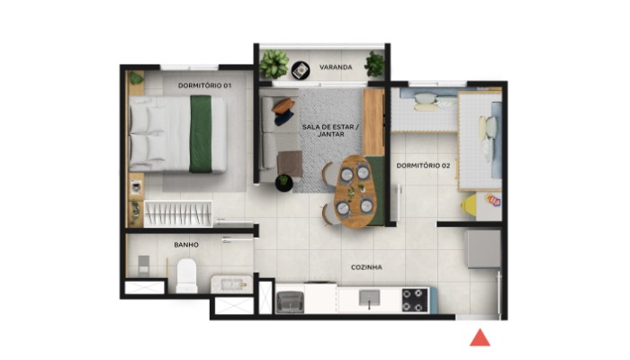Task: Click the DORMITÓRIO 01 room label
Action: pyautogui.click(x=204, y=85)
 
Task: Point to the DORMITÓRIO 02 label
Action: pyautogui.click(x=423, y=166)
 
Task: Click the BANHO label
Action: pyautogui.click(x=186, y=245)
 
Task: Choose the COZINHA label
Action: pyautogui.click(x=366, y=267)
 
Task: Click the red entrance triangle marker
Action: pyautogui.click(x=481, y=337)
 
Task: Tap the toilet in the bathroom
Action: pyautogui.click(x=187, y=274)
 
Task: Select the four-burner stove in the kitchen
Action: pyautogui.click(x=415, y=300)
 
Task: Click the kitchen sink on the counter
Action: pyautogui.click(x=369, y=299)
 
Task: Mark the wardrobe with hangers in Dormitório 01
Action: pyautogui.click(x=178, y=214)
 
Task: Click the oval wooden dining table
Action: pyautogui.click(x=354, y=191)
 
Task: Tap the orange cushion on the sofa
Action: pyautogui.click(x=283, y=105)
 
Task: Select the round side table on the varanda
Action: pyautogui.click(x=301, y=69)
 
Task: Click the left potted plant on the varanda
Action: pyautogui.click(x=274, y=63)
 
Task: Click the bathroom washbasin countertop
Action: pyautogui.click(x=229, y=285)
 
